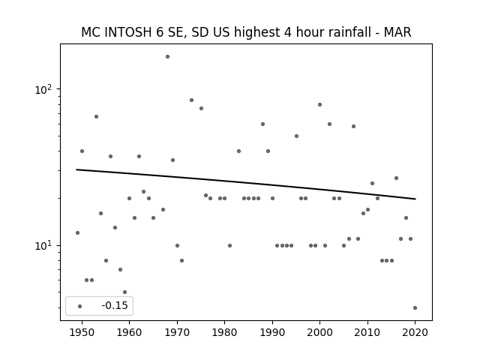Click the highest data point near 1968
tap(167, 57)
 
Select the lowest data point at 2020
tap(415, 308)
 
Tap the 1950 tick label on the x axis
tap(82, 332)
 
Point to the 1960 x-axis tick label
tap(129, 332)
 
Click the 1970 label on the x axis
tap(177, 332)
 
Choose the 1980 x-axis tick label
tap(224, 332)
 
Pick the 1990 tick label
tap(272, 332)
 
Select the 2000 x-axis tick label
tap(320, 332)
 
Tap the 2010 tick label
tap(367, 332)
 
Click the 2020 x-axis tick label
tap(415, 332)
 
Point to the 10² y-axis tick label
tap(43, 89)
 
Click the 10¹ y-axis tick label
tap(43, 246)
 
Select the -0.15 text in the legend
tap(115, 305)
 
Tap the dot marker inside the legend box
tap(80, 306)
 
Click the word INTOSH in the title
tap(128, 32)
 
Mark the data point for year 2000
tap(320, 105)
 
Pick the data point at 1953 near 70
tap(96, 117)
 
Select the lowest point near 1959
tap(124, 292)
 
